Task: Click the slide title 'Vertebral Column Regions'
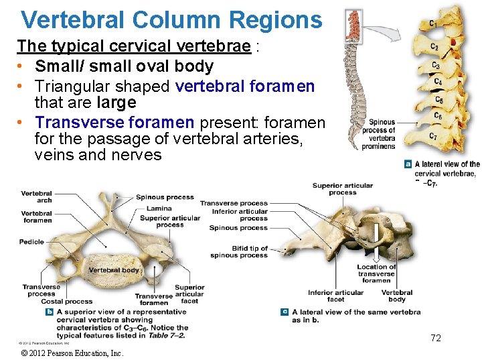[171, 19]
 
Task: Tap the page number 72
[436, 338]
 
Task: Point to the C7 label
[433, 137]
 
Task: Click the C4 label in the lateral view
[437, 82]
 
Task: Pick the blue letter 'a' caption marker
[408, 164]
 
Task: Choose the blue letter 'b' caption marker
[50, 312]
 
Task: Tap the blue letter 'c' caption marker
[285, 312]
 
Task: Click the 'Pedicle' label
[31, 242]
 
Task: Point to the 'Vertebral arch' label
[36, 196]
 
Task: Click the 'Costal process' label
[67, 302]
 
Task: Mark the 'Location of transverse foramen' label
[377, 274]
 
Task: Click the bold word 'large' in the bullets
[116, 102]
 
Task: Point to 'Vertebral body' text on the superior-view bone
[114, 270]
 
